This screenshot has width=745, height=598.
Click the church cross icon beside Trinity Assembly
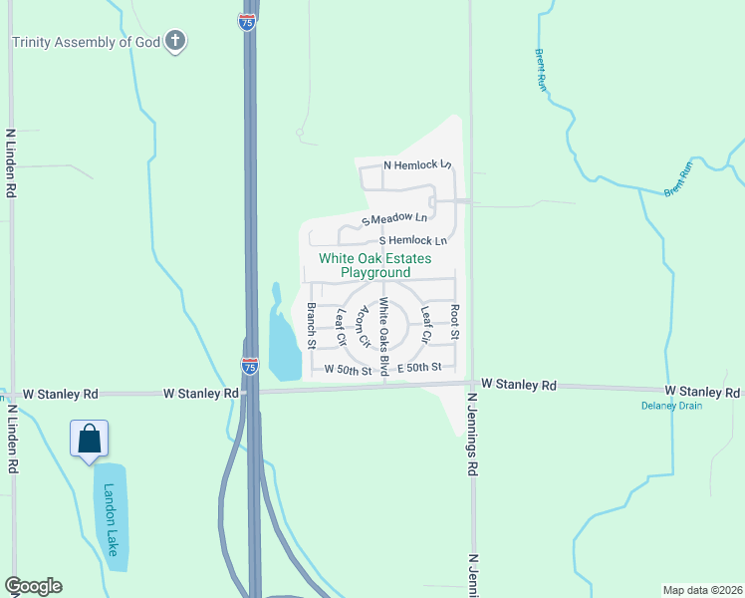(175, 41)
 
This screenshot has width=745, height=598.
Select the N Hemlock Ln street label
(417, 164)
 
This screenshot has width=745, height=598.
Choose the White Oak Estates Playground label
(375, 265)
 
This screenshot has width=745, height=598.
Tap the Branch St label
(312, 325)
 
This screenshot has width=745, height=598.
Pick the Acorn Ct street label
(365, 326)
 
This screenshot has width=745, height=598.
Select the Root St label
(454, 322)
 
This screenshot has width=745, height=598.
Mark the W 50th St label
(348, 369)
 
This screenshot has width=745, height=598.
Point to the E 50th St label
(418, 368)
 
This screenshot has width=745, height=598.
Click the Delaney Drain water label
(670, 406)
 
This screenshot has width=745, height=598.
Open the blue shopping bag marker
(90, 439)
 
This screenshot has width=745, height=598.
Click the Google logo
(33, 586)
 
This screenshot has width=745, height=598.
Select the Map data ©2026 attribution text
(702, 589)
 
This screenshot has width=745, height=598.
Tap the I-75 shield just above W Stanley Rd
(249, 367)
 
